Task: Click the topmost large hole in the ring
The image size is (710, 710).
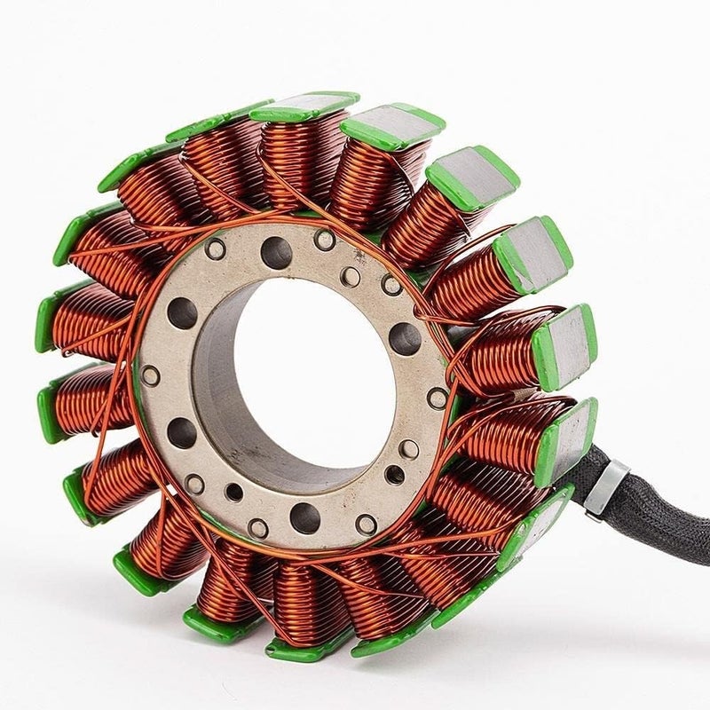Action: (276, 254)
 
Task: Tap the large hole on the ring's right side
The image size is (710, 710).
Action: (405, 338)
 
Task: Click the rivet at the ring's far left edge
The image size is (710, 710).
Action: (151, 375)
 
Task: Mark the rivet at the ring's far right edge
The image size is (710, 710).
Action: (438, 398)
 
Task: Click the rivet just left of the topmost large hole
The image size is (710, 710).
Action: (215, 249)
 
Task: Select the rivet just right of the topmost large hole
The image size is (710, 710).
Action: (325, 240)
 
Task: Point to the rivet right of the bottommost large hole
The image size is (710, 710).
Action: (366, 524)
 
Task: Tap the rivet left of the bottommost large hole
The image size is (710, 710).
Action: (258, 528)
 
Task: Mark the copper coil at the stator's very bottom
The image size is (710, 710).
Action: (302, 603)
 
